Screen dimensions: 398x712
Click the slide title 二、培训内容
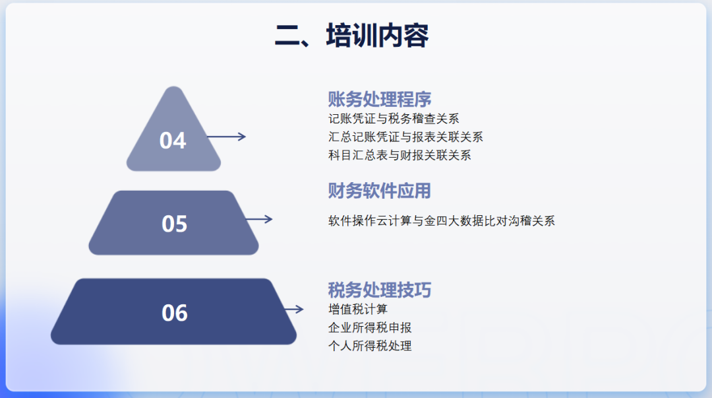click(x=351, y=36)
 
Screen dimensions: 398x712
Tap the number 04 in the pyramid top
click(x=173, y=141)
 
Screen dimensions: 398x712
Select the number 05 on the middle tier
click(x=175, y=224)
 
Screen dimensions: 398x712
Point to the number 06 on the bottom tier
click(x=175, y=313)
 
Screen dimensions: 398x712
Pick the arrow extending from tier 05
click(x=258, y=219)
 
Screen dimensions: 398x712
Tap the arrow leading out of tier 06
click(x=293, y=309)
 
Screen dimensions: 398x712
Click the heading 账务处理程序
click(x=380, y=99)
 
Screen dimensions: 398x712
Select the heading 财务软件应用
click(x=380, y=191)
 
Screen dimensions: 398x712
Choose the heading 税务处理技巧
click(x=380, y=290)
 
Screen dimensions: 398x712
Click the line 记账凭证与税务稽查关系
click(x=394, y=119)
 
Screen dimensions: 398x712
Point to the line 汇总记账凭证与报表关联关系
click(x=405, y=137)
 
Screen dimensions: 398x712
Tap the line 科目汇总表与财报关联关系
click(x=400, y=156)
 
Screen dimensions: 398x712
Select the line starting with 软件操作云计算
click(x=442, y=221)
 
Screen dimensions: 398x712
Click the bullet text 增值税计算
click(x=358, y=309)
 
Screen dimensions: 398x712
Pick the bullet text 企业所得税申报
click(x=370, y=327)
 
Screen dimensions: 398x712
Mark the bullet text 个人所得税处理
click(x=370, y=346)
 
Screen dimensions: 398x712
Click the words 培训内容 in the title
click(x=377, y=36)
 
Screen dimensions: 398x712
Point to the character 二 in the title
click(x=287, y=36)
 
